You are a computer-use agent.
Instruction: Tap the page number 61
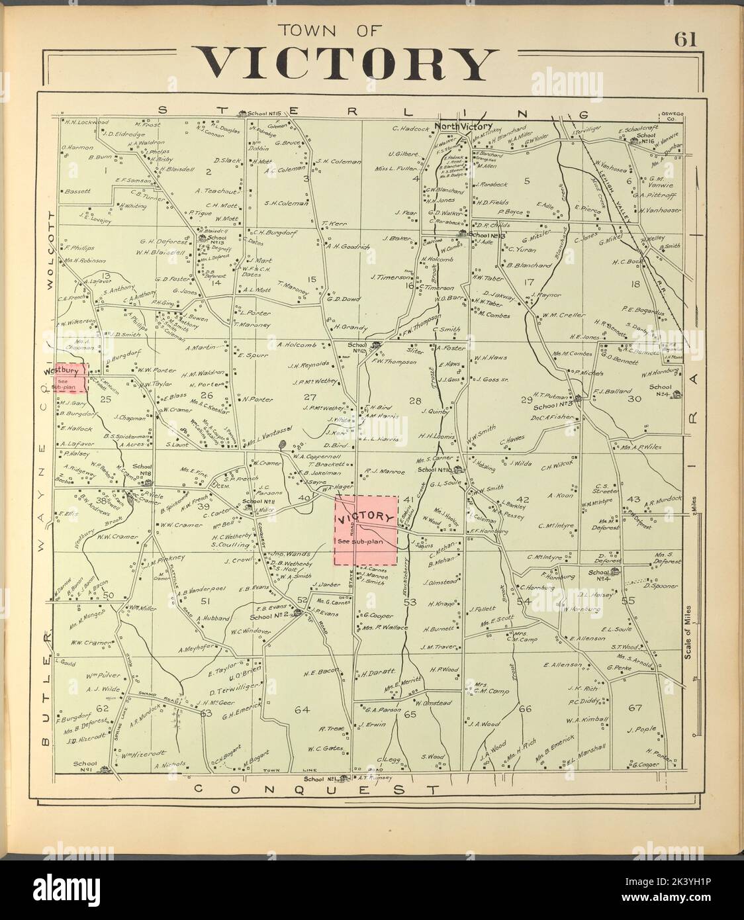pos(684,40)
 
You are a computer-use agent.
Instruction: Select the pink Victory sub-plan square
pos(365,531)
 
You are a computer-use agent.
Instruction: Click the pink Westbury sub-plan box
pos(71,377)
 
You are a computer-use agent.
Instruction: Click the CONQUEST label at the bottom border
pos(318,790)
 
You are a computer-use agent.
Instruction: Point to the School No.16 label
pos(645,138)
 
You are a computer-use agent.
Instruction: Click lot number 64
pos(302,710)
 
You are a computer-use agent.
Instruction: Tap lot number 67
pos(635,708)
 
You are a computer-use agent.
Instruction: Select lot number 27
pos(309,397)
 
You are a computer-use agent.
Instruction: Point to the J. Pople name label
pos(640,729)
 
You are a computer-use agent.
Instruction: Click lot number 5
pos(528,181)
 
